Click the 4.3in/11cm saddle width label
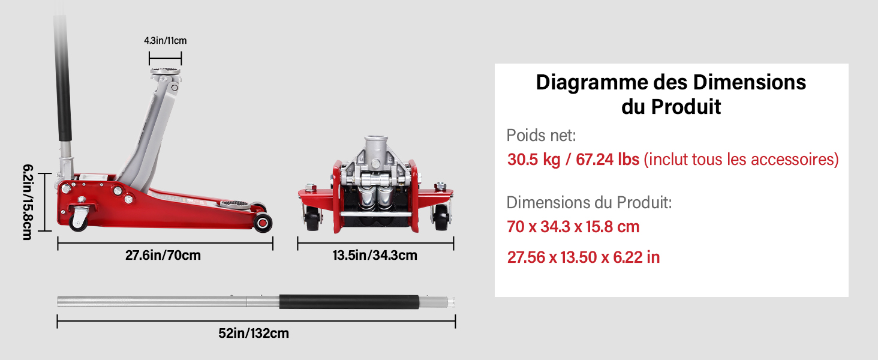tap(166, 40)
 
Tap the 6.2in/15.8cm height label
tap(28, 202)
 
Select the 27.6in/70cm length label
tap(163, 255)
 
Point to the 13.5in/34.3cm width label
tap(375, 255)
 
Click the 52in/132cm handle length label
tap(254, 334)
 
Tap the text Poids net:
tap(542, 135)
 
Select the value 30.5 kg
tap(534, 160)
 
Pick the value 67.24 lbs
tap(608, 160)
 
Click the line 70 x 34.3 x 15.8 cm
tap(573, 227)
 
